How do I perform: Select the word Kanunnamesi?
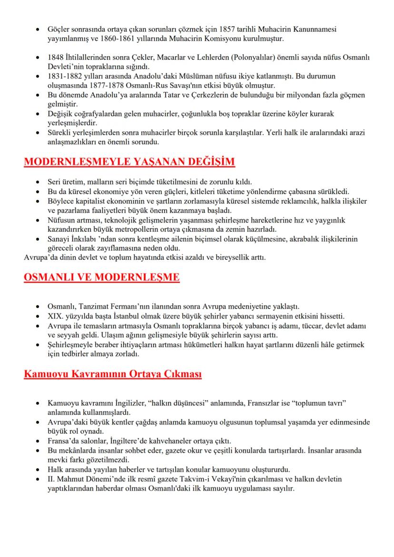(x=315, y=29)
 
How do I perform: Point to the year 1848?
(x=56, y=58)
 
